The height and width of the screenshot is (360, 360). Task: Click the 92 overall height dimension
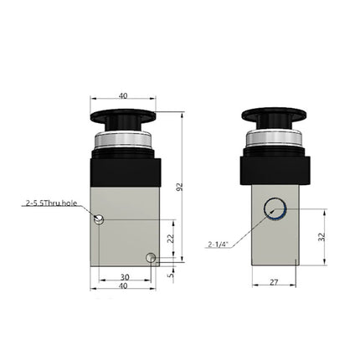(x=179, y=188)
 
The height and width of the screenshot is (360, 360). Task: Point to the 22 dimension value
(x=170, y=239)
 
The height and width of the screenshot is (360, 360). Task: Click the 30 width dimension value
(x=125, y=278)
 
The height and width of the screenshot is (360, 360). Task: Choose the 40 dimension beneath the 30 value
(x=125, y=287)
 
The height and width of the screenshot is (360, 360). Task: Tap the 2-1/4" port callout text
(x=220, y=244)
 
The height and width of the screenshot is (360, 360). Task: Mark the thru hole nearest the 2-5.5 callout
(x=100, y=219)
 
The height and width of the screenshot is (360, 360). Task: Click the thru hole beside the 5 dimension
(x=151, y=258)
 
